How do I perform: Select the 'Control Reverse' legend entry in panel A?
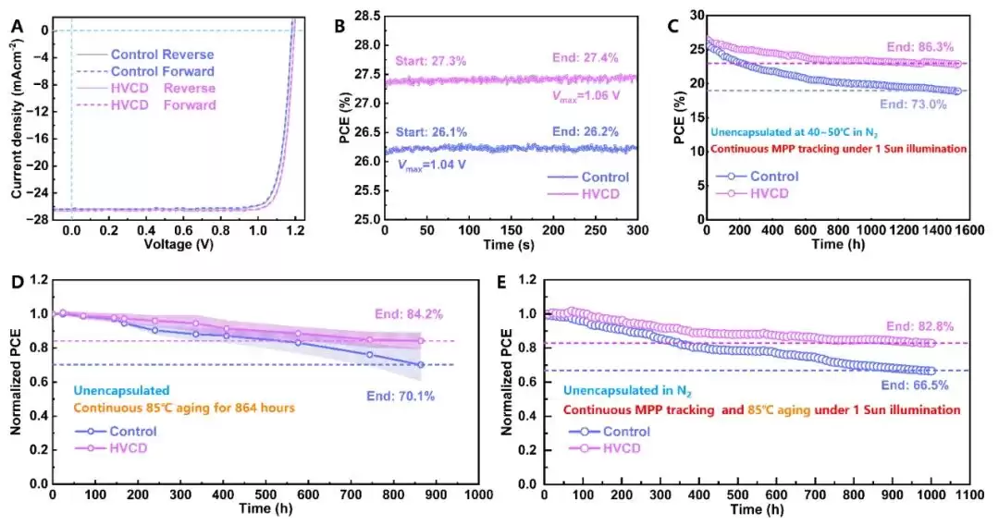[162, 55]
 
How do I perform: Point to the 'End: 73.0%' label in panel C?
[916, 104]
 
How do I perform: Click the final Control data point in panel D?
[421, 365]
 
